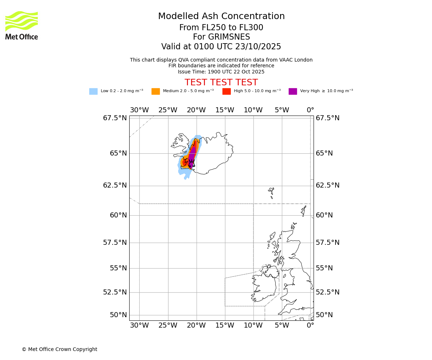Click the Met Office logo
click(22, 25)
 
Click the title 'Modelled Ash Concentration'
click(221, 17)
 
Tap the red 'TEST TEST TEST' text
click(221, 83)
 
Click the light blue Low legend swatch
click(93, 91)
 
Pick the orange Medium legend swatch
click(156, 91)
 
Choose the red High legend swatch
click(226, 91)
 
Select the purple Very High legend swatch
click(293, 91)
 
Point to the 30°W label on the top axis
click(139, 110)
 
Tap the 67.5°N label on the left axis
click(115, 118)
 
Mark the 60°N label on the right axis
click(324, 215)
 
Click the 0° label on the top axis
click(310, 110)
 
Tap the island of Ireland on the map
click(264, 286)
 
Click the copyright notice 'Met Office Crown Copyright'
click(59, 350)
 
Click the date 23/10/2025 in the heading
click(258, 47)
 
